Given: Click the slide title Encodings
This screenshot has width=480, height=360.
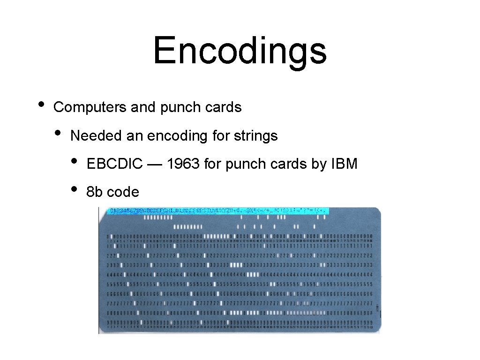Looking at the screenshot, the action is pyautogui.click(x=240, y=51).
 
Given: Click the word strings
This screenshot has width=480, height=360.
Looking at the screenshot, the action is pyautogui.click(x=258, y=136).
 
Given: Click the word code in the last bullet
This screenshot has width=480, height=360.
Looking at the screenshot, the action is pyautogui.click(x=123, y=192).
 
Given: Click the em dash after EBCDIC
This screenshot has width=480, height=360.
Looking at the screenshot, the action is pyautogui.click(x=154, y=165).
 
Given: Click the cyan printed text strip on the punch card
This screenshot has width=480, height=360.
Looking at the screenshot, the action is pyautogui.click(x=218, y=211).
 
